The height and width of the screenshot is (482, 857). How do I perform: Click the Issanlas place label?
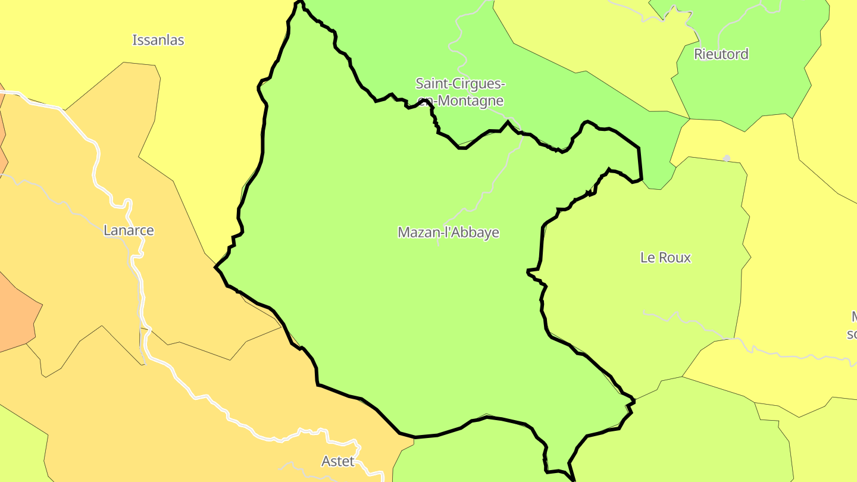(x=158, y=40)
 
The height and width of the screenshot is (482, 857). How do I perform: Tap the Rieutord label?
(x=721, y=54)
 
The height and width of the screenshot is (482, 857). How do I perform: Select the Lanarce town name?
(x=129, y=230)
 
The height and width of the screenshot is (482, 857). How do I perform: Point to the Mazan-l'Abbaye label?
(x=448, y=233)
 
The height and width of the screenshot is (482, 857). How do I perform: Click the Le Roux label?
(x=665, y=258)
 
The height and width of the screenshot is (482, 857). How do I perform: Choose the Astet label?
(x=337, y=461)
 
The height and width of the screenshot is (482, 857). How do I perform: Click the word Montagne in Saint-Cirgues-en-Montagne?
(x=468, y=101)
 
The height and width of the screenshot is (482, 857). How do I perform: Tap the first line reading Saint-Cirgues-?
(x=461, y=83)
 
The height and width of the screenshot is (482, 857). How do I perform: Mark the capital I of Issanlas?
(x=135, y=40)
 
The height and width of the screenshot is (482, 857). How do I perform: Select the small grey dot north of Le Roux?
(x=726, y=158)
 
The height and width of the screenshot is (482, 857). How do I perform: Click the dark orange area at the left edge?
(x=15, y=315)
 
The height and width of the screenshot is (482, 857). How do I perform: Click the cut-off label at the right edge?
(x=852, y=324)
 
